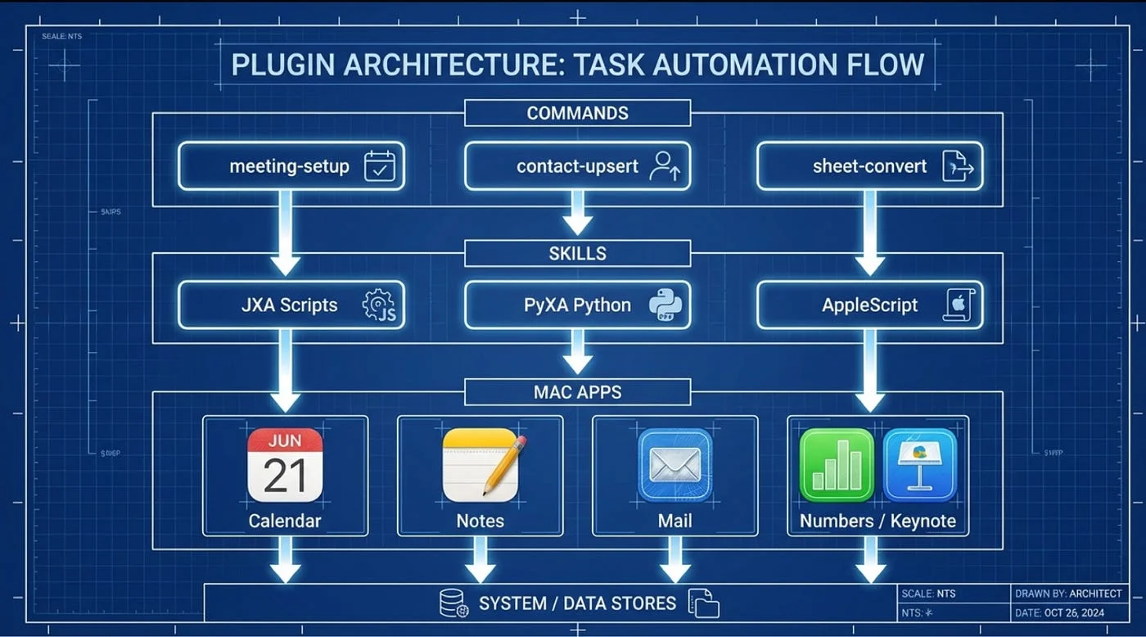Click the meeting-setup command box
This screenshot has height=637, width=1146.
tap(291, 166)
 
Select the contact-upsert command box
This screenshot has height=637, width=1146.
tap(577, 166)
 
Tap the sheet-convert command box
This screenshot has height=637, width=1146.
tap(869, 166)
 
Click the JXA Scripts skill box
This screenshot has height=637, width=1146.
tap(291, 305)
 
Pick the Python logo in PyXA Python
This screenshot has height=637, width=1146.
tap(664, 305)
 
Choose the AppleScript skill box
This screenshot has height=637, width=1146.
tap(869, 305)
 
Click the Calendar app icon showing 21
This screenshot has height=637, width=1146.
tap(285, 465)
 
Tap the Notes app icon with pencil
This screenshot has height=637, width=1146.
tap(481, 465)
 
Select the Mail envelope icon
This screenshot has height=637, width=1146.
tap(675, 465)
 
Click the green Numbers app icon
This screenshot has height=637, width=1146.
tap(837, 465)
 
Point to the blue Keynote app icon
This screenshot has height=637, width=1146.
tap(920, 465)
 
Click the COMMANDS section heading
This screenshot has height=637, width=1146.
tap(577, 113)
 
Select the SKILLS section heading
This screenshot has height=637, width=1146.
tap(577, 253)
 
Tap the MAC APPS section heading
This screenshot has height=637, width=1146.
tap(577, 392)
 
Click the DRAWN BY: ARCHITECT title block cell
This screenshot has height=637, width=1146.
tap(1067, 594)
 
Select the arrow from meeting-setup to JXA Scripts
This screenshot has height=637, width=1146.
tap(285, 233)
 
